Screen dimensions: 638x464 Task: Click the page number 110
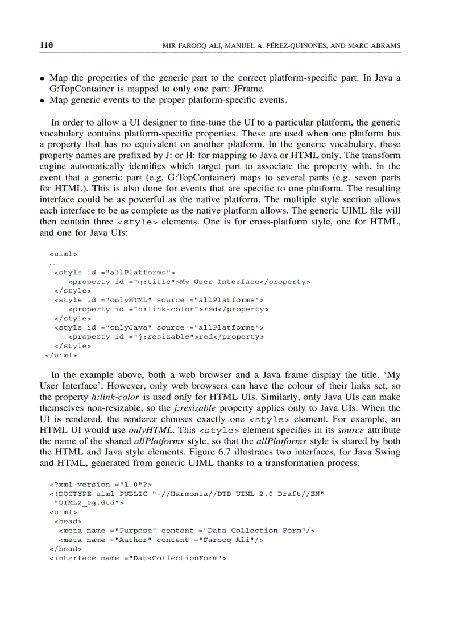pos(46,45)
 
